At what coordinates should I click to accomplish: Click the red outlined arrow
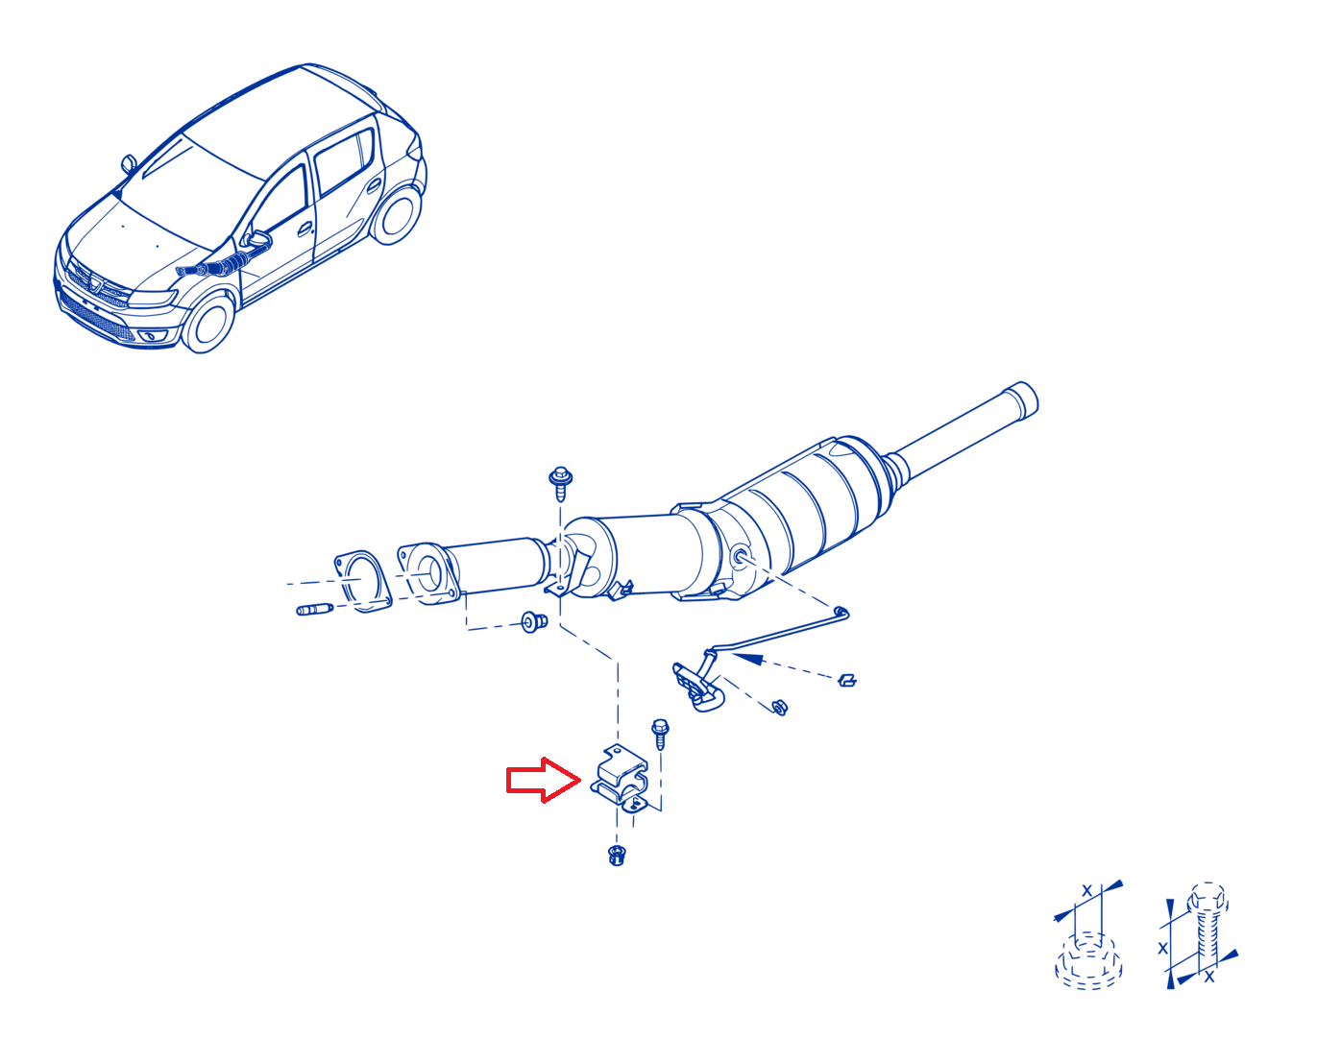542,780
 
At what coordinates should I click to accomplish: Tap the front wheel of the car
207,324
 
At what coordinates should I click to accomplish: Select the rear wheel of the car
396,212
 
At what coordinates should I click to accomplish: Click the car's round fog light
149,336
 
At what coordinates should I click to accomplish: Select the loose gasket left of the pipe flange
362,581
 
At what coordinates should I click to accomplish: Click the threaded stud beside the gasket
315,610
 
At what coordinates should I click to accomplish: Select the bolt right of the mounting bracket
660,734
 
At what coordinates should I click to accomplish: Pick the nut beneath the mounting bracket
616,856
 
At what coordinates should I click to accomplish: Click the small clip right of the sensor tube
846,681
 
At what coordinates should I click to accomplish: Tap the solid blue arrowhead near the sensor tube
749,659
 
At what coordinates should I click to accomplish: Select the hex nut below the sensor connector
780,707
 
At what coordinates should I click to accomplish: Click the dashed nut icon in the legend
1088,962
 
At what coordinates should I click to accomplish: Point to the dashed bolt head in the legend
1207,898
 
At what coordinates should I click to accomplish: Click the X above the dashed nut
1087,890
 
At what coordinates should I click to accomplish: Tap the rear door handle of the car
374,184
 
